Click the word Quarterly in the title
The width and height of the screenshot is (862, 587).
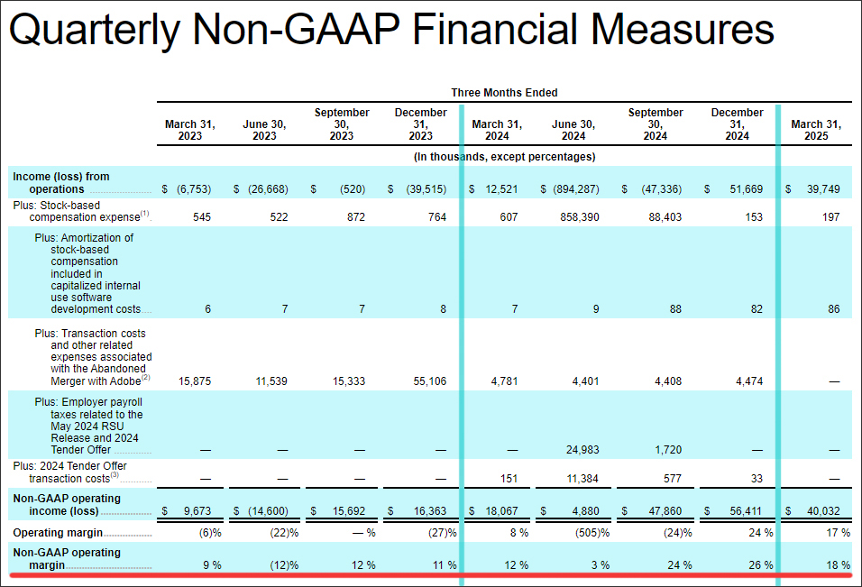tap(95, 30)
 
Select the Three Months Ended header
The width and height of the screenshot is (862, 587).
tap(504, 92)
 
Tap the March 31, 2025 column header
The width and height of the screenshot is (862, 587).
tap(816, 130)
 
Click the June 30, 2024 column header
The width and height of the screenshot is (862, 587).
tap(573, 130)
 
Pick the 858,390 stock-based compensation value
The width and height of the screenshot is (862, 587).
tap(580, 217)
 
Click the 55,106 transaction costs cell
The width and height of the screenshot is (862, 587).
tap(430, 381)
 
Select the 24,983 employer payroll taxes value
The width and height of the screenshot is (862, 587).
tap(582, 450)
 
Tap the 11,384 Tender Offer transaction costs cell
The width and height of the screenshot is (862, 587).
tap(582, 479)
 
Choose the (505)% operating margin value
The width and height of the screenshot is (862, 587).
tap(592, 533)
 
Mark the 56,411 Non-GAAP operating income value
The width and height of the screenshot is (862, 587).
tap(746, 511)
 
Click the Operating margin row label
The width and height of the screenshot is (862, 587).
tap(58, 533)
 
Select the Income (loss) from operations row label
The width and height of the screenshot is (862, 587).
tap(61, 182)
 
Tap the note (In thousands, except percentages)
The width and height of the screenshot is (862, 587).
tap(504, 157)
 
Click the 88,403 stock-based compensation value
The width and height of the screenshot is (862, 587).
tap(665, 217)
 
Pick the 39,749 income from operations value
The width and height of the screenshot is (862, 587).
tap(823, 189)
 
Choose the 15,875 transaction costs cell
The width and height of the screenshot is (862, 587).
tap(195, 381)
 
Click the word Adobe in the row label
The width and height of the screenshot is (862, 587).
tap(125, 381)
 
